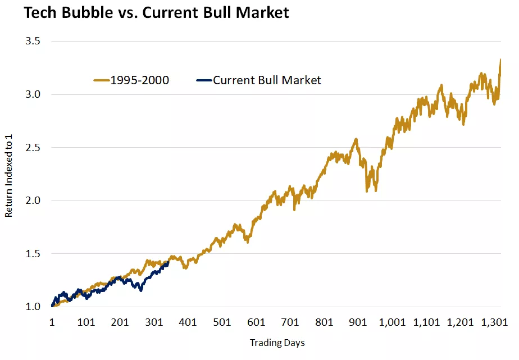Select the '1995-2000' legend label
click(x=139, y=80)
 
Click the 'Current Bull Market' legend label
click(x=267, y=80)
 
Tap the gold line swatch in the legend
click(x=101, y=80)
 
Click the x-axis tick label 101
click(x=86, y=322)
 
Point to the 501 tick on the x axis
click(x=222, y=322)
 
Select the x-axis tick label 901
click(x=358, y=322)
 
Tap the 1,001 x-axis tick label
click(x=392, y=322)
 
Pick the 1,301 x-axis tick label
click(x=494, y=322)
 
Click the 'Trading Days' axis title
click(x=277, y=343)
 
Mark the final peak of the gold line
click(x=500, y=60)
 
